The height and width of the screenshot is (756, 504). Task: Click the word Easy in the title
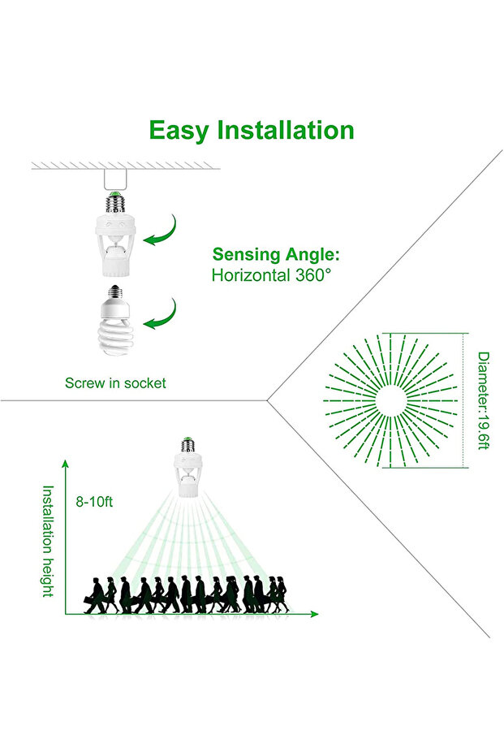pos(179,131)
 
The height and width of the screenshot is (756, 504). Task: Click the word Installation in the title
pos(286,130)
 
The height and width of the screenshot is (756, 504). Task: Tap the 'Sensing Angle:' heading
pos(276,254)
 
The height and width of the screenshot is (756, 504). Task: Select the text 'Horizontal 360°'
pos(272,275)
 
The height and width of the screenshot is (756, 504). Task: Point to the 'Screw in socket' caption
pos(115,382)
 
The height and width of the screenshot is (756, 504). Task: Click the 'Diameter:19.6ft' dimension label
pos(483,400)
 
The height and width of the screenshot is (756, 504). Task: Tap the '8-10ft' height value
pos(94,502)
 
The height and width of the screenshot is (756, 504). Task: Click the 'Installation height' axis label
pos(48,541)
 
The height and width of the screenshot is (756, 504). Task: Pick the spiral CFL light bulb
pos(115,320)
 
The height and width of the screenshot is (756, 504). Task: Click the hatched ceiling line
pos(126,166)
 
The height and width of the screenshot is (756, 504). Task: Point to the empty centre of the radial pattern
pos(390,400)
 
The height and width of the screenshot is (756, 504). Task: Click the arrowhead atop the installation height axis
pos(65,464)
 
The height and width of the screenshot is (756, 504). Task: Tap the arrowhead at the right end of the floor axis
pos(314,614)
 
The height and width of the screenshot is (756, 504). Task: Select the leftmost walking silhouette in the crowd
pos(95,595)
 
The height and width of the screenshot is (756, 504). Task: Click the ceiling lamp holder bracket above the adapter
pos(115,179)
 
